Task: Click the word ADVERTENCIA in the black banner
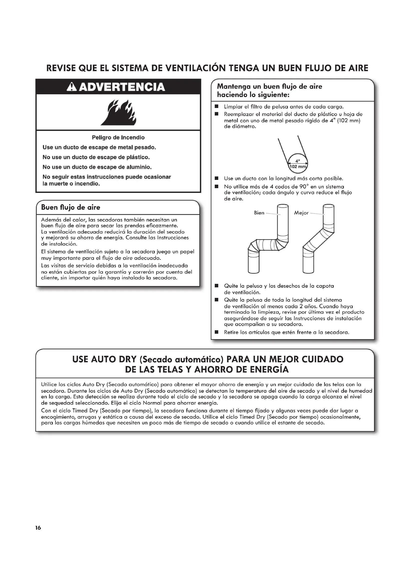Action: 122,87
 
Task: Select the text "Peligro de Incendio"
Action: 118,138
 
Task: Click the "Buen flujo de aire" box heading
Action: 71,207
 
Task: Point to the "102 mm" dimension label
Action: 298,167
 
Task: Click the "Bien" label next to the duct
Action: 259,213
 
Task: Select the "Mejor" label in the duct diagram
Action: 301,213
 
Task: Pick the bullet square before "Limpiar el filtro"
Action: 217,107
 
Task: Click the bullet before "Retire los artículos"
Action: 217,332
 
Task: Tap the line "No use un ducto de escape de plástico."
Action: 96,157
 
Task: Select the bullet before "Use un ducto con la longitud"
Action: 217,178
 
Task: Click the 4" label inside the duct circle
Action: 298,161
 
